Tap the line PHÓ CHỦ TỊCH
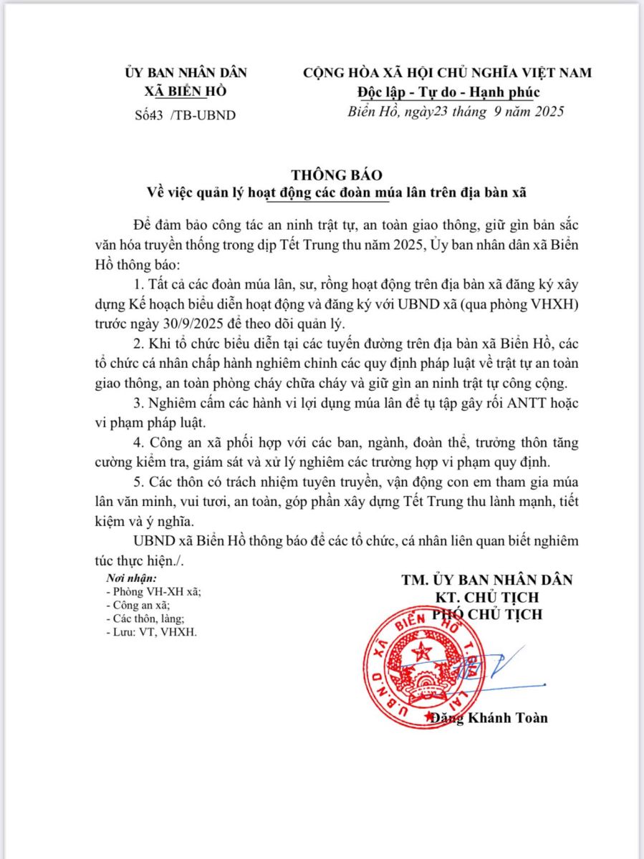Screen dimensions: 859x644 pos(487,614)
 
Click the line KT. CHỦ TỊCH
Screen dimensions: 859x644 pos(487,597)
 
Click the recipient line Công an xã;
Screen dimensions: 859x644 pos(137,605)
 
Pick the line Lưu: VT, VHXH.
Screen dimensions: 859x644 pos(150,632)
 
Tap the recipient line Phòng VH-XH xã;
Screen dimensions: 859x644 pos(153,591)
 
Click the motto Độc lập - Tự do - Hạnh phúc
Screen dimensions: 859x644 pos(448,92)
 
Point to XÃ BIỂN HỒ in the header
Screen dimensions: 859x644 pos(186,92)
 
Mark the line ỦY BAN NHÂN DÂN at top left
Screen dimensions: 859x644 pos(186,73)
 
